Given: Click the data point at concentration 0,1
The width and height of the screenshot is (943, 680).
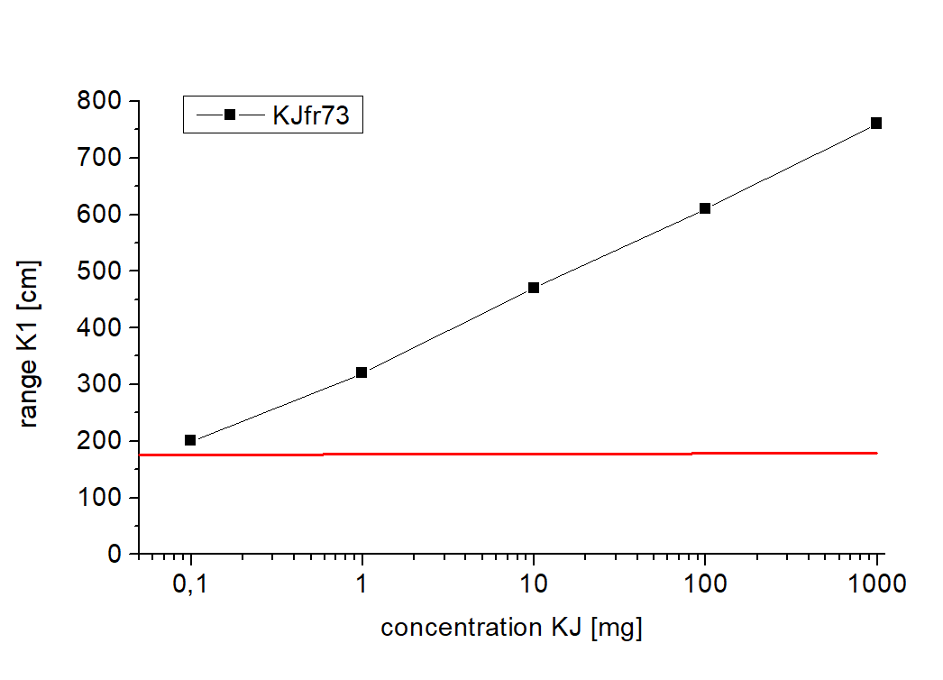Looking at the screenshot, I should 190,440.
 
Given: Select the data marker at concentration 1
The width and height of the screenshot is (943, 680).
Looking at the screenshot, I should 362,372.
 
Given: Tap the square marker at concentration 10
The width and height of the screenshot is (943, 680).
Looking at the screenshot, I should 534,288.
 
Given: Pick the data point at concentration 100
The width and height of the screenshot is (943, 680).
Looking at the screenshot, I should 705,208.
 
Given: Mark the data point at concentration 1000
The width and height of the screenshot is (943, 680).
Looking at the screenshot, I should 876,123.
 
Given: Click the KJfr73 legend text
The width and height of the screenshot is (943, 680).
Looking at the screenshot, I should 310,115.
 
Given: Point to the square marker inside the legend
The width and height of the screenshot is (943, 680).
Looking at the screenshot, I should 230,115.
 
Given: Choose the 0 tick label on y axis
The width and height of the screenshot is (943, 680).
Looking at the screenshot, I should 114,555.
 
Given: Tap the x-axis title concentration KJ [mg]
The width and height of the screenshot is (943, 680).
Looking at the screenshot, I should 511,628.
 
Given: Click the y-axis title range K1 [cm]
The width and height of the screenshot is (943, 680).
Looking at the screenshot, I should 30,345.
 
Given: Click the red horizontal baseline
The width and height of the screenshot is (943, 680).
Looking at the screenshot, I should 505,454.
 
